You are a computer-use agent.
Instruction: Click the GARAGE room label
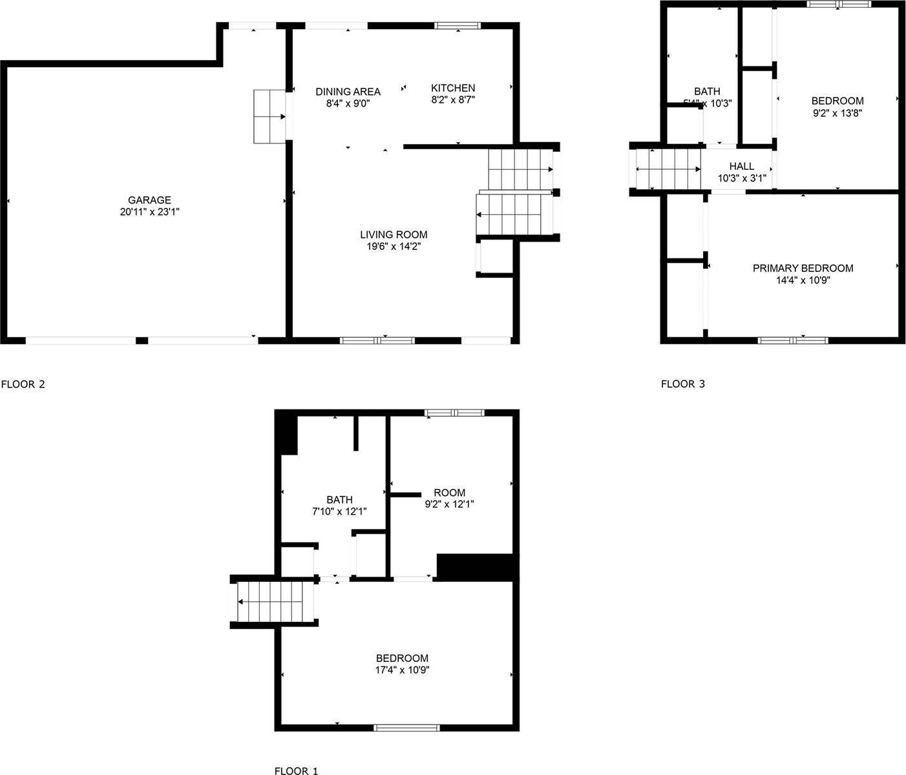coord(149,200)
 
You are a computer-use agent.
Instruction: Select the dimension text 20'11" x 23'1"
coord(149,212)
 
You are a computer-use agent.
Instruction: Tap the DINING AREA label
coord(348,92)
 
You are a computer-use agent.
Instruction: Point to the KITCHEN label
coord(453,88)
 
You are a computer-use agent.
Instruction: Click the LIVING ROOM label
coord(394,234)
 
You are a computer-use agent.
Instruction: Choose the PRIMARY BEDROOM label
coord(803,268)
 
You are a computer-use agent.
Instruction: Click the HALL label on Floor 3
coord(741,166)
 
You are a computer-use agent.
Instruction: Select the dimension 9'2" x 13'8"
coord(838,112)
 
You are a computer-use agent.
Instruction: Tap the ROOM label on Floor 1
coord(449,493)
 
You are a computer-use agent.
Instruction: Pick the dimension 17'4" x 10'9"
coord(403,670)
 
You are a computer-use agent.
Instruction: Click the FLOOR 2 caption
coord(23,384)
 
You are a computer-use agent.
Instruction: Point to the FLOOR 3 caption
coord(682,384)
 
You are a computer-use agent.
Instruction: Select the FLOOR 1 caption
coord(296,770)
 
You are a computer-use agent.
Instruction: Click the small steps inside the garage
coord(269,117)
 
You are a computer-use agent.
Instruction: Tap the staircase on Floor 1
coord(275,601)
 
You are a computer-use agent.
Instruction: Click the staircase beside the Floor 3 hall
coord(669,169)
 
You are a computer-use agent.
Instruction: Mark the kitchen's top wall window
coord(458,26)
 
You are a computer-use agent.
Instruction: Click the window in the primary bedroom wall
coord(792,340)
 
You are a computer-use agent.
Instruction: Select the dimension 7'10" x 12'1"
coord(339,512)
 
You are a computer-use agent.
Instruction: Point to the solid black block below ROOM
coord(476,566)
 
